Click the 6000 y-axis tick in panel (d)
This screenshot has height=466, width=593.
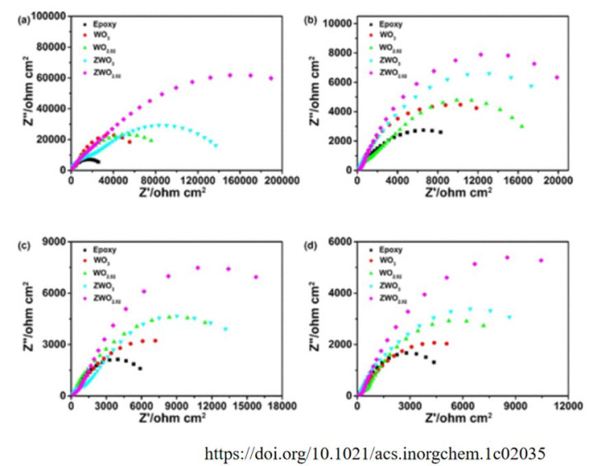[339, 242]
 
